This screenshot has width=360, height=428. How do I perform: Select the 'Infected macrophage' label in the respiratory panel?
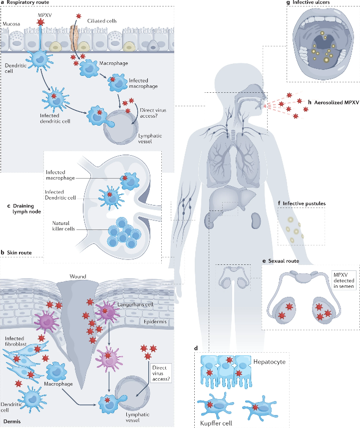(x=131, y=83)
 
